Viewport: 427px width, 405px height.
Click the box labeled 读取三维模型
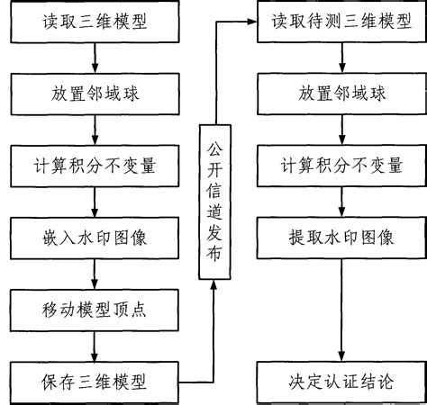(x=95, y=19)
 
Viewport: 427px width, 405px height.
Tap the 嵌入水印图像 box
(x=95, y=238)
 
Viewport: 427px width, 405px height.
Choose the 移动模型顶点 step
(x=95, y=310)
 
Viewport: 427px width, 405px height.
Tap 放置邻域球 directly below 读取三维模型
(x=95, y=92)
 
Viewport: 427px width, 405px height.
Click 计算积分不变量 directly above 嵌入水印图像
(x=95, y=165)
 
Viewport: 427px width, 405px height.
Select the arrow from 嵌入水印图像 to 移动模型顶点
(x=95, y=274)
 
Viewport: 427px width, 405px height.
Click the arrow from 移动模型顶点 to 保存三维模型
(x=95, y=346)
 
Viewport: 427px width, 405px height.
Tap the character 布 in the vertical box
(x=213, y=258)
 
